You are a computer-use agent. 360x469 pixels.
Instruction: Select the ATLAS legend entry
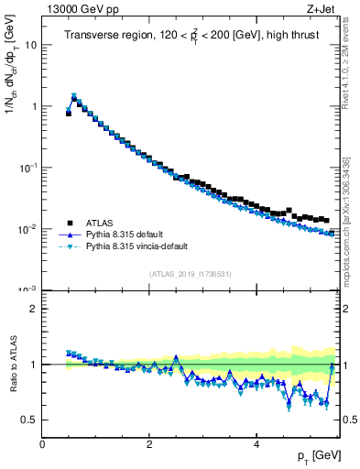coord(102,223)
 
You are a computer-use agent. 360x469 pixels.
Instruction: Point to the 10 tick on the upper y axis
coord(32,45)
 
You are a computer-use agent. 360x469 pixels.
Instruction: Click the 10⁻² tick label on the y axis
coord(28,229)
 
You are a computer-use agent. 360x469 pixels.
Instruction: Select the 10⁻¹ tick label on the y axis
coord(28,168)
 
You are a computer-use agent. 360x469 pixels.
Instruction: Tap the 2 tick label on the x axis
coord(148,444)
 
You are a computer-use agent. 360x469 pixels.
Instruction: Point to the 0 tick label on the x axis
coord(42,444)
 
